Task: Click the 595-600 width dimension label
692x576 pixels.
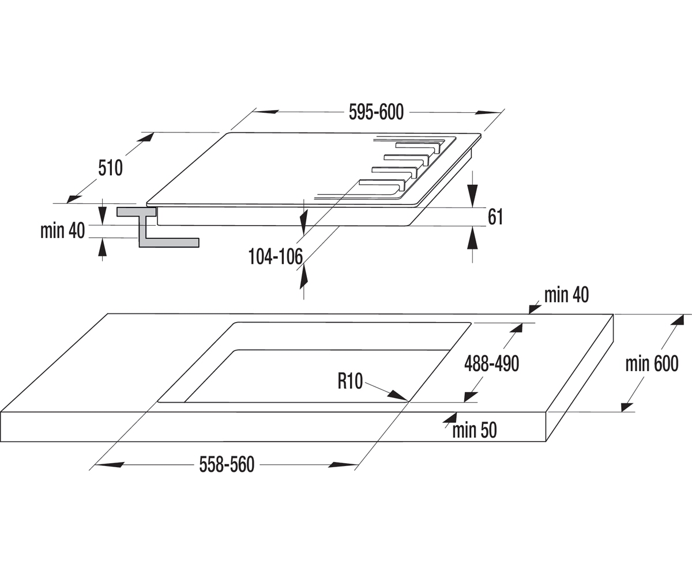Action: (x=376, y=112)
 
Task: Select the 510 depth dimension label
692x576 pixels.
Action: (x=110, y=168)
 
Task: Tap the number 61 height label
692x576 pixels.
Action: (x=495, y=217)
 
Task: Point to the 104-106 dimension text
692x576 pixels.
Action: (x=276, y=256)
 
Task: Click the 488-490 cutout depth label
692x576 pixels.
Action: (x=491, y=363)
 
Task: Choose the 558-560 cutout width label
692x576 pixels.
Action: (x=227, y=464)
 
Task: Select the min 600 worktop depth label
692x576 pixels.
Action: (x=652, y=363)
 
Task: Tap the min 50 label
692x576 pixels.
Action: (x=475, y=430)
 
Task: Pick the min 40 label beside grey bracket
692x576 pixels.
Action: (x=63, y=230)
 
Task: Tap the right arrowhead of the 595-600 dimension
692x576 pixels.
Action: (x=487, y=113)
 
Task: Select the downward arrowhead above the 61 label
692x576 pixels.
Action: (x=473, y=196)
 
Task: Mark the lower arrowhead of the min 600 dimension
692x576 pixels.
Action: (x=627, y=407)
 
